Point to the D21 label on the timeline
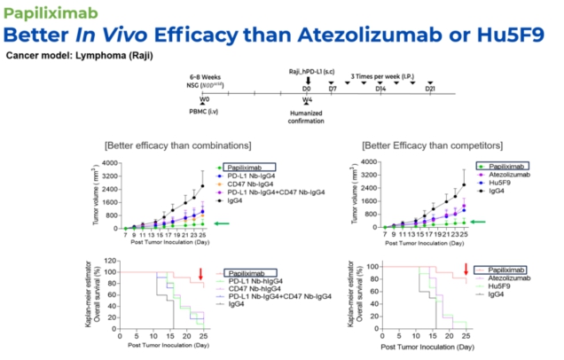pyautogui.click(x=430, y=90)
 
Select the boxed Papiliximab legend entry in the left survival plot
pyautogui.click(x=250, y=272)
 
